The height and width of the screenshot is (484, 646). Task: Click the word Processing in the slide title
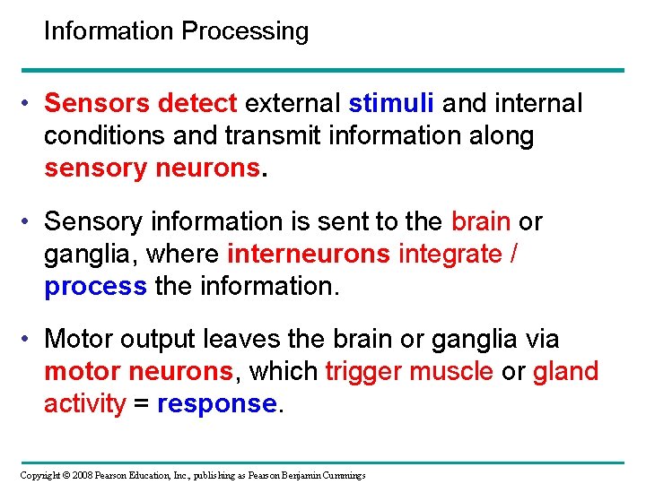pos(244,32)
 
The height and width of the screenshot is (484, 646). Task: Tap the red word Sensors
pos(97,104)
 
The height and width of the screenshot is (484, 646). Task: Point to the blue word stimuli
pos(391,104)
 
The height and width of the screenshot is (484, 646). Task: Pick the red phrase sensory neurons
pos(151,168)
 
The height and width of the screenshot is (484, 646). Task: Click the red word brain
pos(481,221)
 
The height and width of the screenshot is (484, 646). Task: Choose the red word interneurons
pos(309,255)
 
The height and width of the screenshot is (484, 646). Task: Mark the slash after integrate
pos(512,255)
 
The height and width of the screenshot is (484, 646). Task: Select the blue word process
pos(95,287)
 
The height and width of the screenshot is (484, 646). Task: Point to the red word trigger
pos(364,372)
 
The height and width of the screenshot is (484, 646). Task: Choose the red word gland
pos(565,372)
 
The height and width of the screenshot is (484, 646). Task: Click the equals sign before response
pos(142,404)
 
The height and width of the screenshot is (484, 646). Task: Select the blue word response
pos(216,404)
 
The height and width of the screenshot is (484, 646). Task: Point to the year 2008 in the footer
pos(83,474)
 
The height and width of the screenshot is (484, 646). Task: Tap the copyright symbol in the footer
pos(65,474)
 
